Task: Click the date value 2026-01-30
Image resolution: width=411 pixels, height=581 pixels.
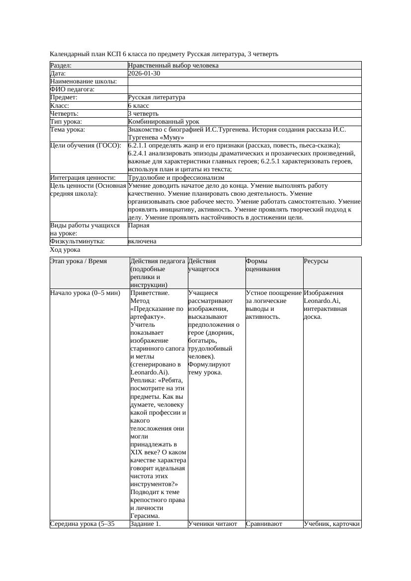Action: (144, 73)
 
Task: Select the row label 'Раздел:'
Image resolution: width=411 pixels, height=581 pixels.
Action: (61, 66)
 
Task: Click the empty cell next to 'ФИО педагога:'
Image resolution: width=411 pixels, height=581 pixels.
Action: (244, 89)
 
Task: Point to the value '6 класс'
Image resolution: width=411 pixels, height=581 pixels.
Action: (139, 106)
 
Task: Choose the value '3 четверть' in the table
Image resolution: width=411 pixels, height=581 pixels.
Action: (143, 114)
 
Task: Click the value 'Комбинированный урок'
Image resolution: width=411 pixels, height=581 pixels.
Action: (164, 122)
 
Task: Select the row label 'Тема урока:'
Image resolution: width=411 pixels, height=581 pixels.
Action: (68, 130)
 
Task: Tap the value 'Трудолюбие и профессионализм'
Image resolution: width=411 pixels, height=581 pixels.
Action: (176, 177)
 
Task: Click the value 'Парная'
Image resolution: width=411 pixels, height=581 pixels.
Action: (139, 225)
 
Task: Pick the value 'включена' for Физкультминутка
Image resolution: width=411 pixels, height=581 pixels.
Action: (142, 241)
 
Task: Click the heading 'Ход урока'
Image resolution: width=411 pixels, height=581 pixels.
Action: (65, 250)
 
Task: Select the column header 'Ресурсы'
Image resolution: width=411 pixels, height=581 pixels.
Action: (316, 261)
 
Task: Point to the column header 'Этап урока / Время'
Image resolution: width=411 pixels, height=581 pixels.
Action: (79, 261)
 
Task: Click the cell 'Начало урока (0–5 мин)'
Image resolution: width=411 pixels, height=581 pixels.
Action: (85, 293)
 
